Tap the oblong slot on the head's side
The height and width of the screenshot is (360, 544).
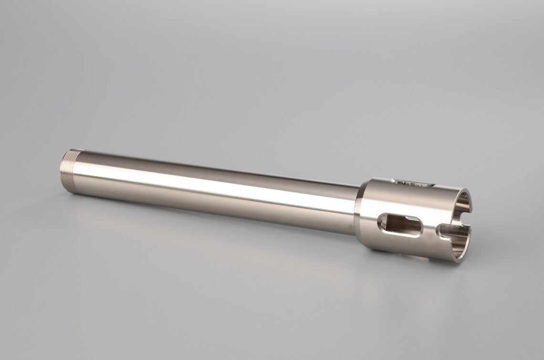400,225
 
